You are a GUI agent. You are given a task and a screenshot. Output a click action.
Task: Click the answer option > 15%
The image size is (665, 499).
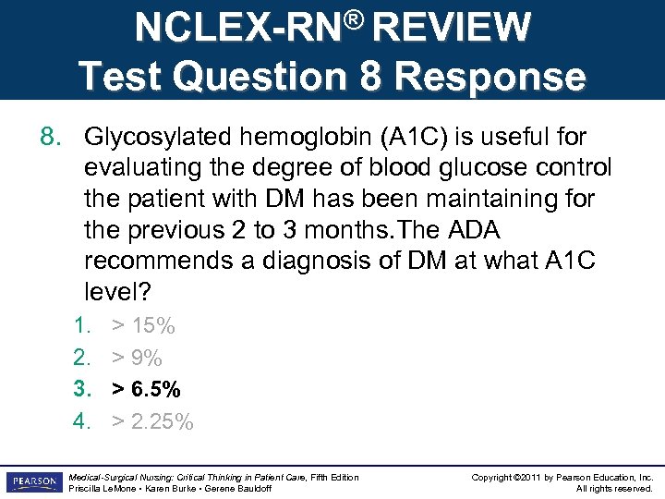coord(143,325)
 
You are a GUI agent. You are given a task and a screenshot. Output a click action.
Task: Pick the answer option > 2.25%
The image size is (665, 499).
coord(152,422)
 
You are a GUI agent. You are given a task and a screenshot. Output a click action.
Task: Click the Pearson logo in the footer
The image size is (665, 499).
coord(32,481)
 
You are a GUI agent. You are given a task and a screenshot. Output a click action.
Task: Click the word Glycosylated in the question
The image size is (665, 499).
coord(158,138)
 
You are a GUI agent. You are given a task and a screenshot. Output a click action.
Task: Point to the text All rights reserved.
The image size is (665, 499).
coord(614,488)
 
